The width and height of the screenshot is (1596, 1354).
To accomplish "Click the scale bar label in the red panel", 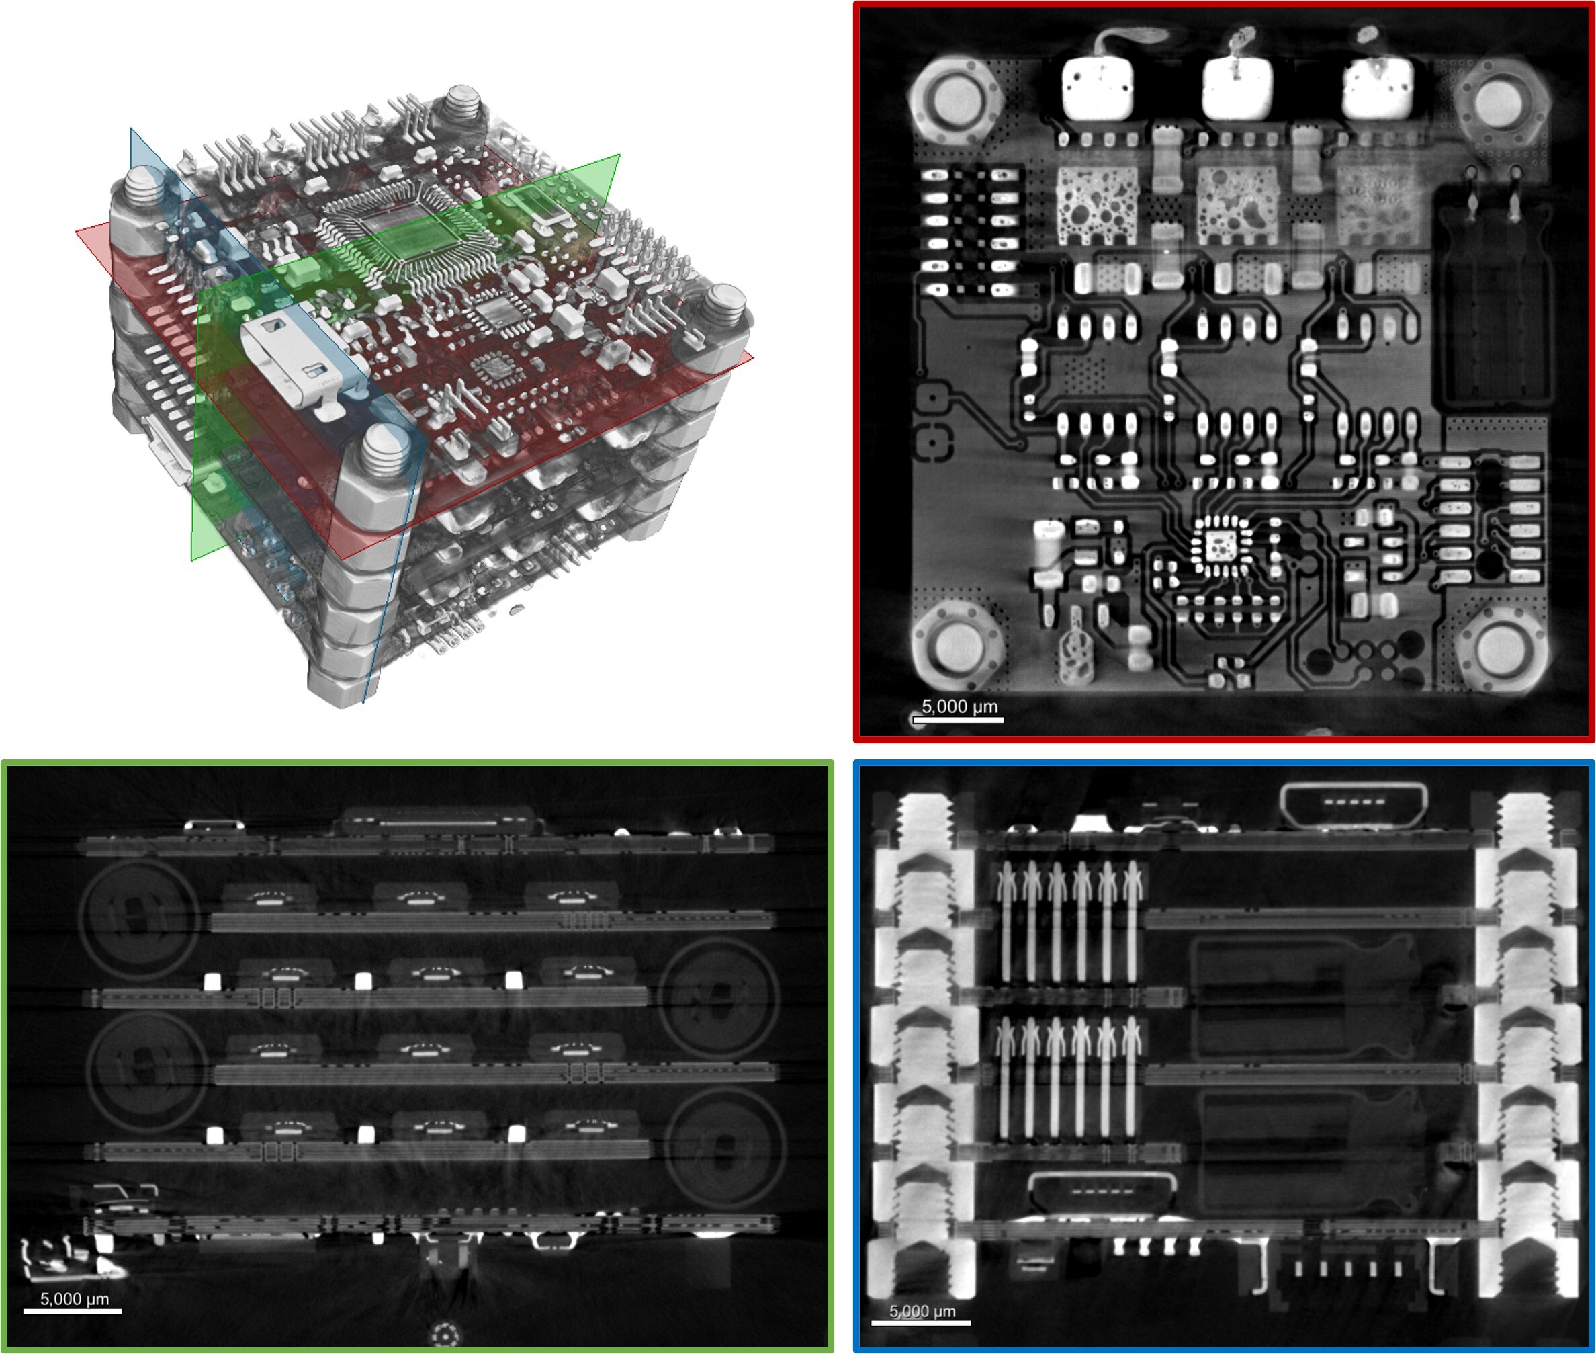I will pyautogui.click(x=959, y=706).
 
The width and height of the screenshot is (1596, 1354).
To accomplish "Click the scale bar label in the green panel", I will pyautogui.click(x=74, y=1299).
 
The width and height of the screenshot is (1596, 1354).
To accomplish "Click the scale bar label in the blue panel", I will pyautogui.click(x=922, y=1311).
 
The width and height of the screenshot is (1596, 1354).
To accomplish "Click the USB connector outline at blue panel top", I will pyautogui.click(x=1354, y=805).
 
